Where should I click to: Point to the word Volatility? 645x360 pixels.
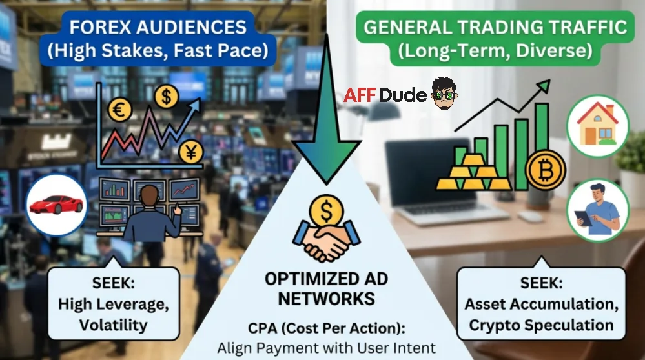click(113, 325)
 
